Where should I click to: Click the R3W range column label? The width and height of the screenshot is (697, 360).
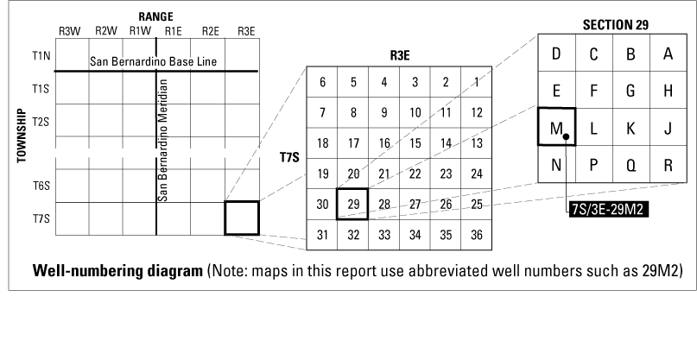70,32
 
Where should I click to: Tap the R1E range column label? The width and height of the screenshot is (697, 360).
174,32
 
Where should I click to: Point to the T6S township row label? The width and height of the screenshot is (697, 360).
41,185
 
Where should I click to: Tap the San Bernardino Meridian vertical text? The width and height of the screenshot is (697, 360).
164,138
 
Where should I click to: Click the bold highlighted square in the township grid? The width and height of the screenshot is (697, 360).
242,218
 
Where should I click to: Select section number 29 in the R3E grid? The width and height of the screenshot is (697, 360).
352,204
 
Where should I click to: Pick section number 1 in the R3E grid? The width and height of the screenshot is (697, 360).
477,82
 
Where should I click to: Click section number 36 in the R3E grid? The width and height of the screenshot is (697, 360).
477,234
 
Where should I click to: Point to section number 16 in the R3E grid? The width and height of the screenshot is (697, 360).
383,142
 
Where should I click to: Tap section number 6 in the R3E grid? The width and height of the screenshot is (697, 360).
322,82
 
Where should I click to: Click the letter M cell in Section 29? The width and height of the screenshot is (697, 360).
556,128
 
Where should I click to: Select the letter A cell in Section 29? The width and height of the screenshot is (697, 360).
668,54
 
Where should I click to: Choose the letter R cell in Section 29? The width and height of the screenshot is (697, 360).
668,165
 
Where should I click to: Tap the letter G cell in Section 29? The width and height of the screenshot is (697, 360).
630,91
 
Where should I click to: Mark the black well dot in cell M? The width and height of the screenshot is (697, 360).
565,136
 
